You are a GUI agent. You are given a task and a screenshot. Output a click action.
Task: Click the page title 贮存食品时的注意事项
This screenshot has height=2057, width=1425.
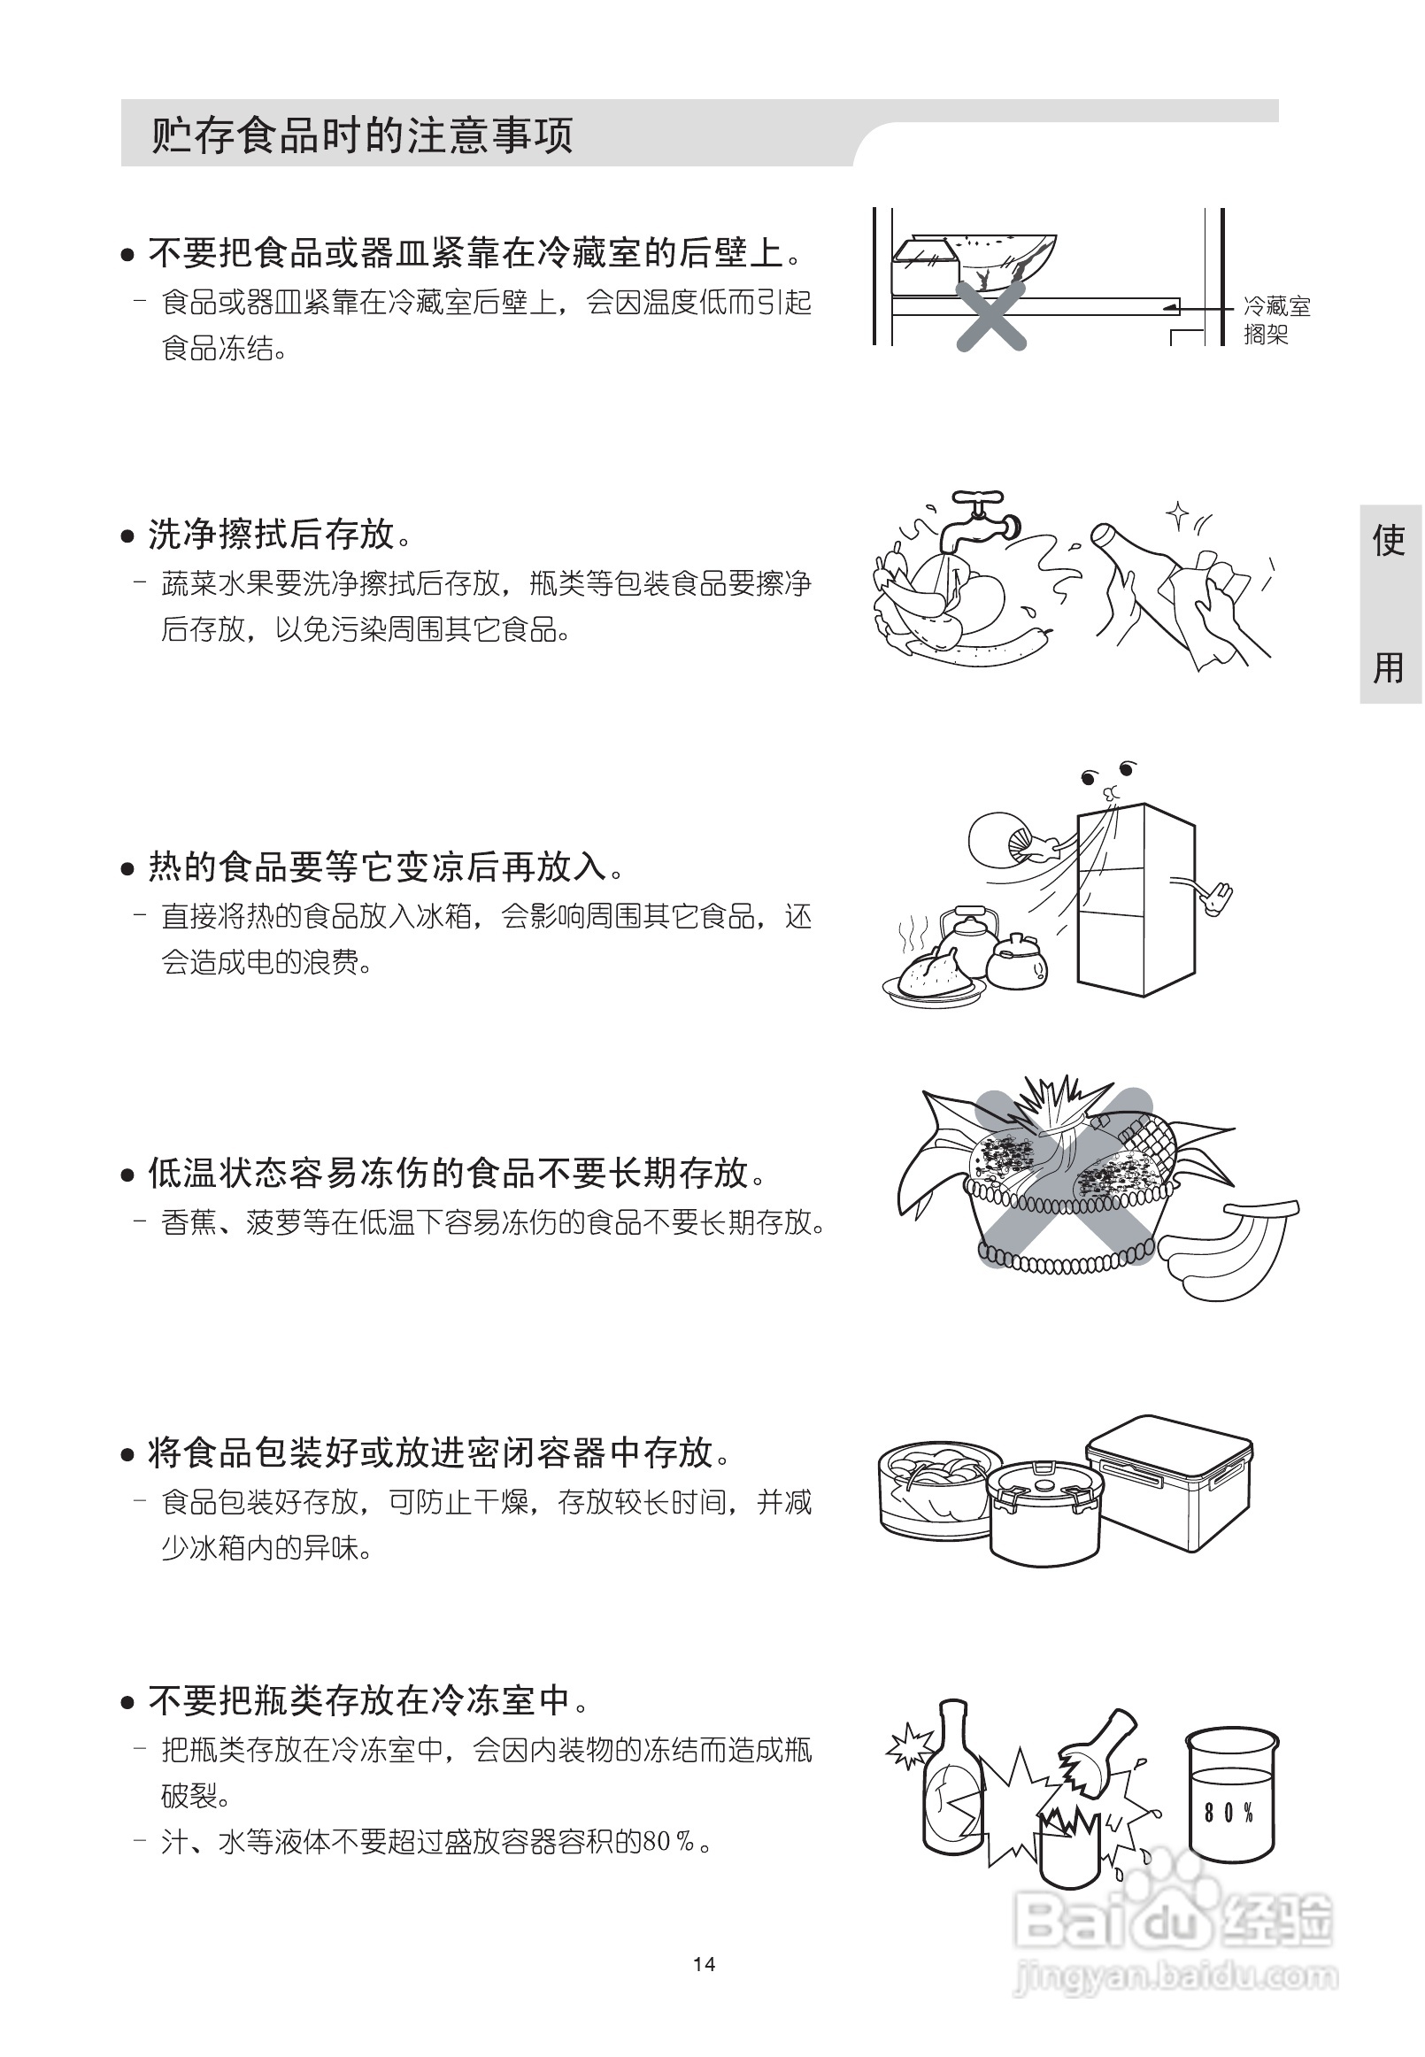pyautogui.click(x=361, y=135)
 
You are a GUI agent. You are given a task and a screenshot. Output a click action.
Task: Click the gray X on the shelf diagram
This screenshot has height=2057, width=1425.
pyautogui.click(x=990, y=314)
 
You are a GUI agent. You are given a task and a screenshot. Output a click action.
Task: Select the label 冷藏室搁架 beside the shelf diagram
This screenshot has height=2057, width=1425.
pyautogui.click(x=1276, y=320)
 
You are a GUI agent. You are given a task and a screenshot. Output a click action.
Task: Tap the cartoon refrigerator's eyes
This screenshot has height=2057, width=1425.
pyautogui.click(x=1108, y=774)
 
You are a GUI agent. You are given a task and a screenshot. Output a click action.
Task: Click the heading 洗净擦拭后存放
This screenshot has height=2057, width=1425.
pyautogui.click(x=271, y=534)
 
